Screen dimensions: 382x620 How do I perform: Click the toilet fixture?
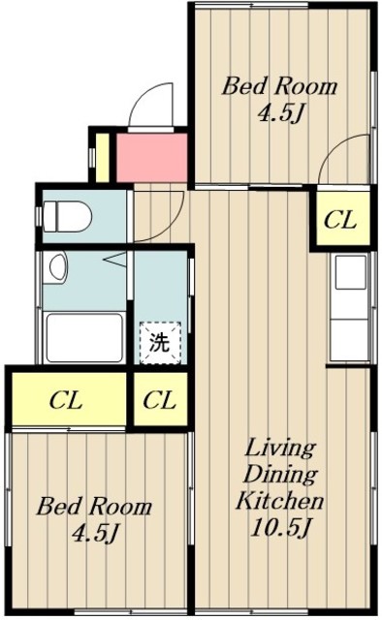67,216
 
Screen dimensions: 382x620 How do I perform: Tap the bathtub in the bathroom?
84,337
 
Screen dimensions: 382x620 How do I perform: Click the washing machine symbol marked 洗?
160,342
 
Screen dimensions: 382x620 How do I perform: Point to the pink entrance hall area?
151,157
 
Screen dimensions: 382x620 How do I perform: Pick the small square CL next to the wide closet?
160,399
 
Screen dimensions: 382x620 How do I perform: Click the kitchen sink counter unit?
350,307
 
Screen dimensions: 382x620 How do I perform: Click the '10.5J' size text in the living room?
279,527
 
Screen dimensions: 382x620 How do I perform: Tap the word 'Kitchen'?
280,500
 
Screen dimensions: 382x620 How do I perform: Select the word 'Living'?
280,449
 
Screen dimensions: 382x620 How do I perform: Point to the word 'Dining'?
280,475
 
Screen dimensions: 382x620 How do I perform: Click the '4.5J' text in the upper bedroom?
280,113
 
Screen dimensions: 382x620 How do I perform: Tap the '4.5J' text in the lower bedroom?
95,534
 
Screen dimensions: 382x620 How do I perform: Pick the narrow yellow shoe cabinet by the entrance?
102,157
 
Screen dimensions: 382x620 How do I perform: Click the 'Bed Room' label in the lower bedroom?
94,506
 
